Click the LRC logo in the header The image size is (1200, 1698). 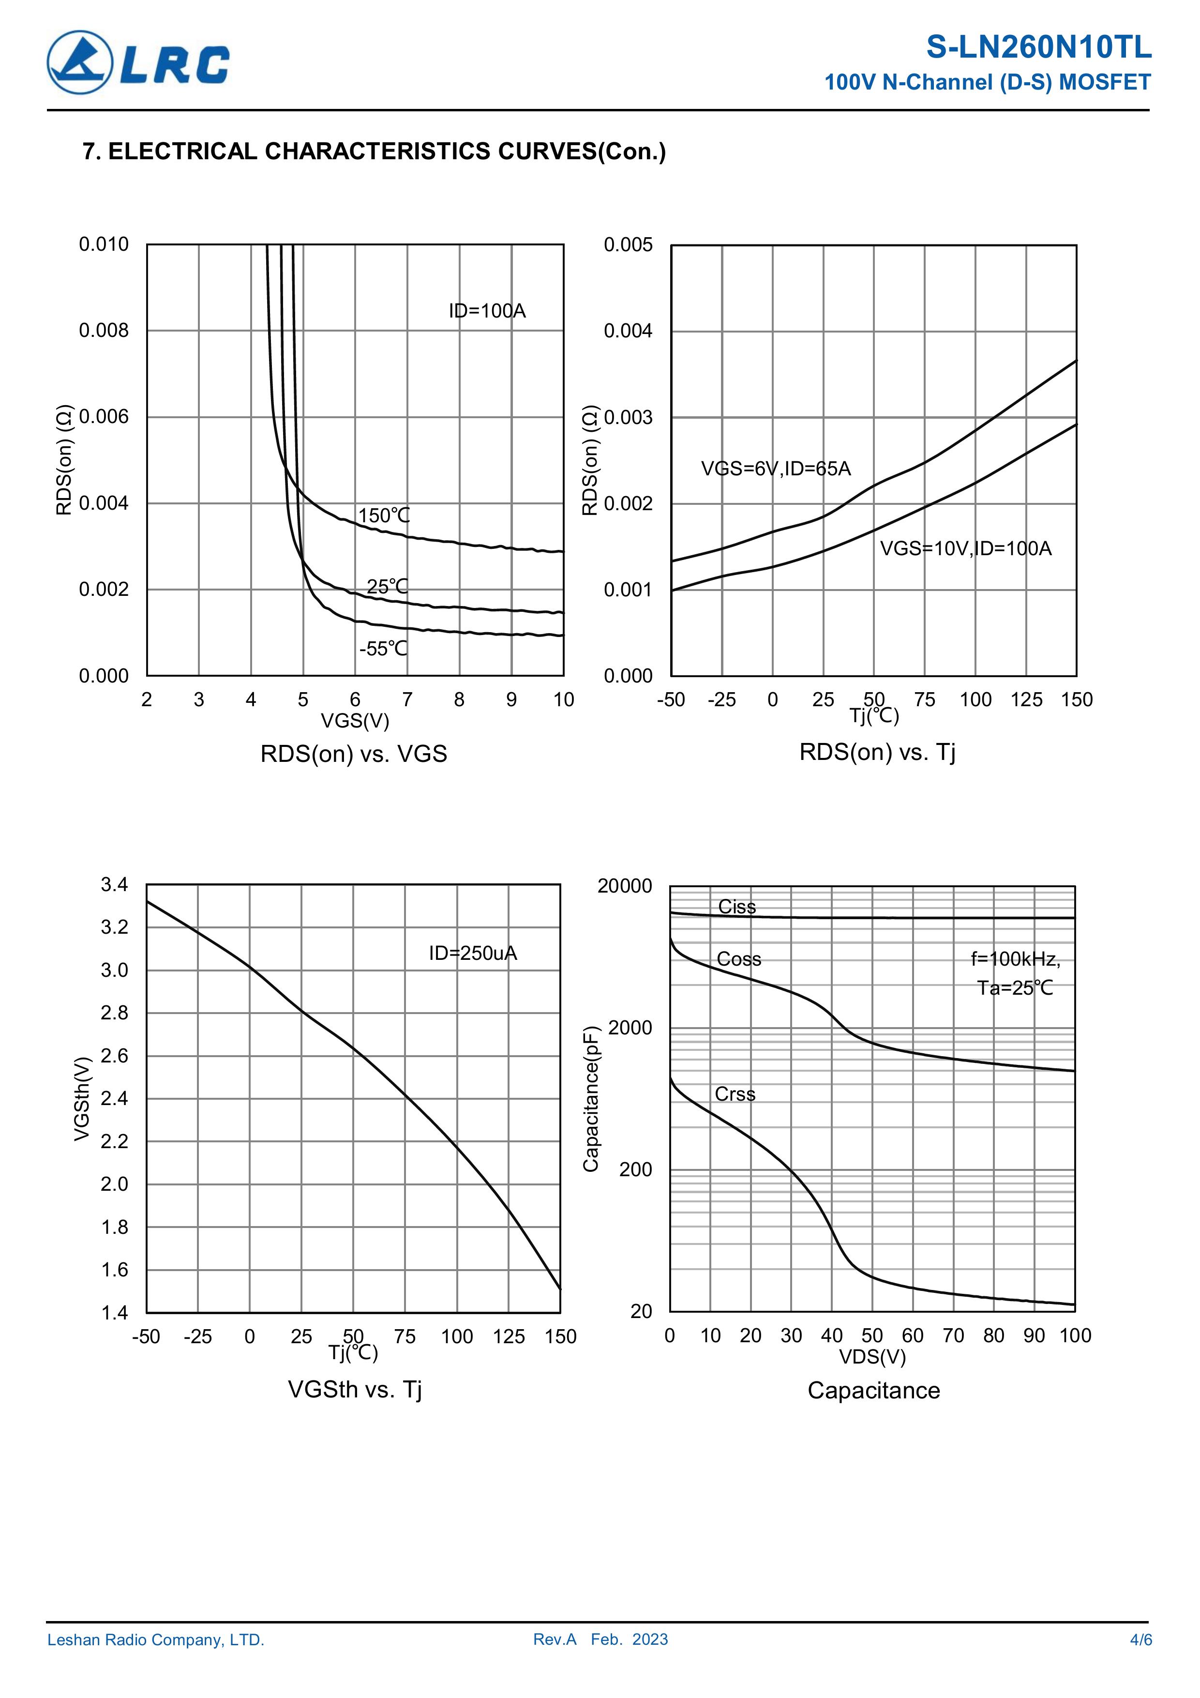(x=138, y=63)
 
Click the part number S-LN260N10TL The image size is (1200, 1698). (x=1038, y=47)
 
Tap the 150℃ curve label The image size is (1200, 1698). (x=384, y=515)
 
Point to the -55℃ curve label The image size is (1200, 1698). (x=383, y=649)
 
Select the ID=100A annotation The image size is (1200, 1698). (x=486, y=311)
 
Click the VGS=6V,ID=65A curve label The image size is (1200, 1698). (x=776, y=469)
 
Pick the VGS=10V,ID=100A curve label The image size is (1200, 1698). (x=965, y=549)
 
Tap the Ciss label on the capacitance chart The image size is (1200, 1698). (x=736, y=907)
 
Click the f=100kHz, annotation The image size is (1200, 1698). (x=1015, y=959)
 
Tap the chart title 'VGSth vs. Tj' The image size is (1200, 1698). (x=354, y=1390)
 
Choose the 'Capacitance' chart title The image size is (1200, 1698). (x=873, y=1390)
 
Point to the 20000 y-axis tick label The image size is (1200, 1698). (x=625, y=886)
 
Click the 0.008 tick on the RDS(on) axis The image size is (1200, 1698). (x=104, y=331)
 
